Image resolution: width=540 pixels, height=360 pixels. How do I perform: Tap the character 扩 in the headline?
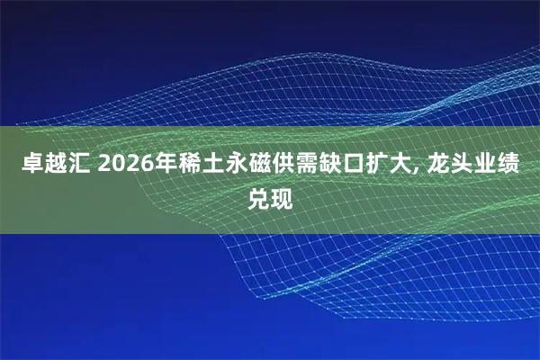point(365,165)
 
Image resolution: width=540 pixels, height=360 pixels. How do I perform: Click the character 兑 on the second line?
point(258,195)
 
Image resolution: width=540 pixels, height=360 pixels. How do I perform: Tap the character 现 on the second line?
point(282,195)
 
